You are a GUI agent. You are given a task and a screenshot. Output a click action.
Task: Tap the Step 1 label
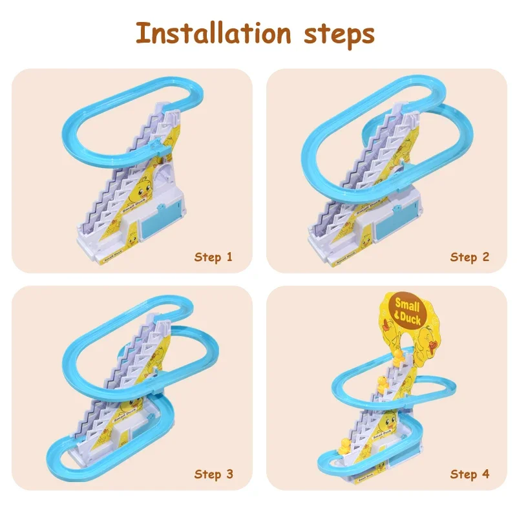[x=213, y=257]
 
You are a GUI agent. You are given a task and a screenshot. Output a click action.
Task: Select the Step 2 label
[x=470, y=257]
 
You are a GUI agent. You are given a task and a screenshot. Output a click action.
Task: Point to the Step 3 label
[x=213, y=475]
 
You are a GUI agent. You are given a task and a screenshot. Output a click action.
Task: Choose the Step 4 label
[x=470, y=475]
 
